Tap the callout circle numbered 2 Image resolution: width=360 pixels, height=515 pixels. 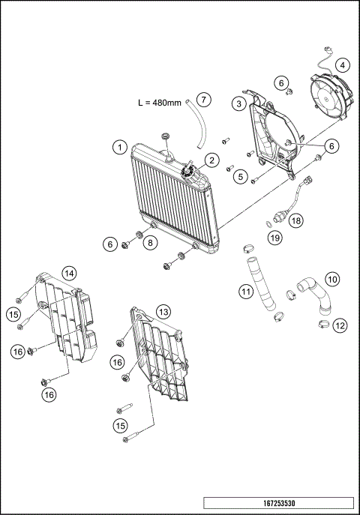[212, 159]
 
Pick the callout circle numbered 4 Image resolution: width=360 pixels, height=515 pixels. [342, 65]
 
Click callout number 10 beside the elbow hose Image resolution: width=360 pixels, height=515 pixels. [332, 279]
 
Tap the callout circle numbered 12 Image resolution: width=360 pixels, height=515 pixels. [340, 325]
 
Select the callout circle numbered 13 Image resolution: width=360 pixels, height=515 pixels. [163, 311]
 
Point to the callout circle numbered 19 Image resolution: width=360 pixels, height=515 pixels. [275, 238]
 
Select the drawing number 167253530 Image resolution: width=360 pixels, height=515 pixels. [277, 504]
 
